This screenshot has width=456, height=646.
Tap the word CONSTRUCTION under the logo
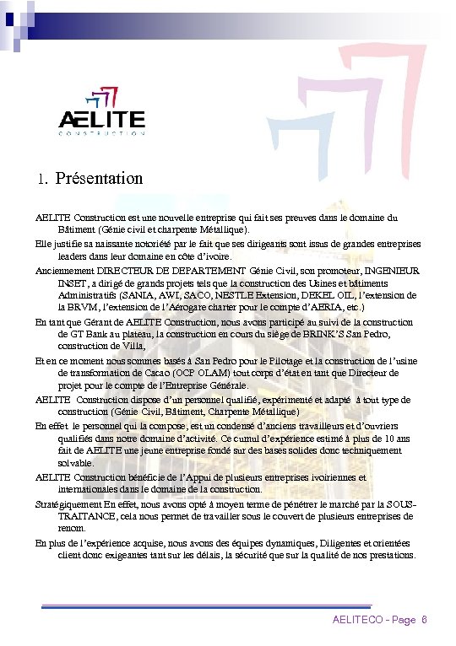[101, 134]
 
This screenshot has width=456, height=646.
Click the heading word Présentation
[99, 179]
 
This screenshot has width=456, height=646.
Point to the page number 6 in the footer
[424, 620]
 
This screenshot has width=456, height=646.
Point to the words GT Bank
[80, 334]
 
